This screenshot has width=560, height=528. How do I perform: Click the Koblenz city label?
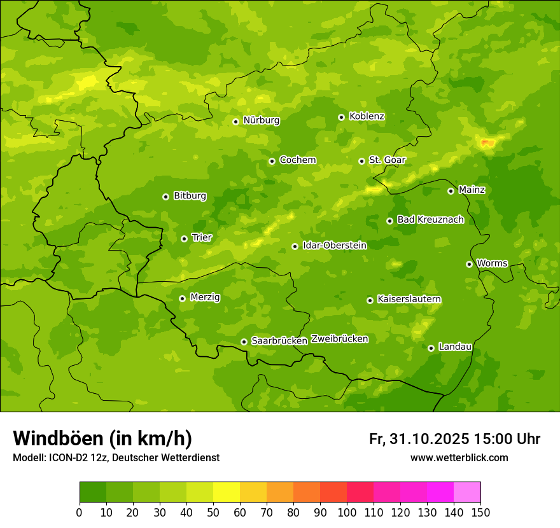point(367,116)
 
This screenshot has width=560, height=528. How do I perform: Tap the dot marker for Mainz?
point(451,191)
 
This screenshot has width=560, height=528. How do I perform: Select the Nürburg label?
point(261,120)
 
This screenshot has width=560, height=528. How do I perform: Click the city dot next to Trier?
point(184,239)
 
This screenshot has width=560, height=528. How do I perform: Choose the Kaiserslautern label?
point(409,299)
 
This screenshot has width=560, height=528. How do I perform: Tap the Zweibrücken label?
point(339,339)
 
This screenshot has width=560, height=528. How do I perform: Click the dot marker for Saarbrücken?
point(244,342)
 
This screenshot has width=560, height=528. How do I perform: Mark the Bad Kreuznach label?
point(430,219)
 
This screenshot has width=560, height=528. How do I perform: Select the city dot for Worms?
point(469,264)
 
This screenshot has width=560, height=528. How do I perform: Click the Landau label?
point(455,347)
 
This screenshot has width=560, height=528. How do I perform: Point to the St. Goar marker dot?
point(361,161)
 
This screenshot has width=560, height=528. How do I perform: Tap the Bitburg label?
point(190,196)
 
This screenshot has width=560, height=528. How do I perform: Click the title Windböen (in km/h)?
point(102,438)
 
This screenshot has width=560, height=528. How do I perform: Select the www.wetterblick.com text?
point(459,458)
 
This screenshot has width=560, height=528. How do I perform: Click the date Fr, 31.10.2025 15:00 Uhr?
point(454,439)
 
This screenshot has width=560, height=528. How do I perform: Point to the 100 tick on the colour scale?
point(347,511)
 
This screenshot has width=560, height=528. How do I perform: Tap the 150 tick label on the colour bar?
point(480,511)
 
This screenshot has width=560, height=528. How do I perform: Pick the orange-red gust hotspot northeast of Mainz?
point(488,142)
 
